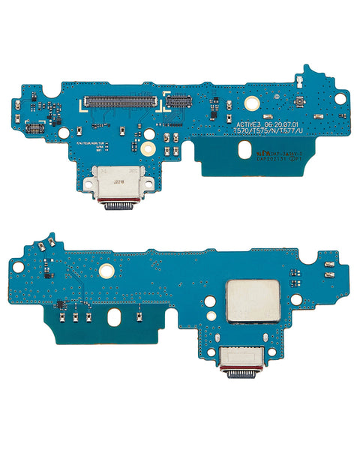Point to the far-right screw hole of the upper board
340,98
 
